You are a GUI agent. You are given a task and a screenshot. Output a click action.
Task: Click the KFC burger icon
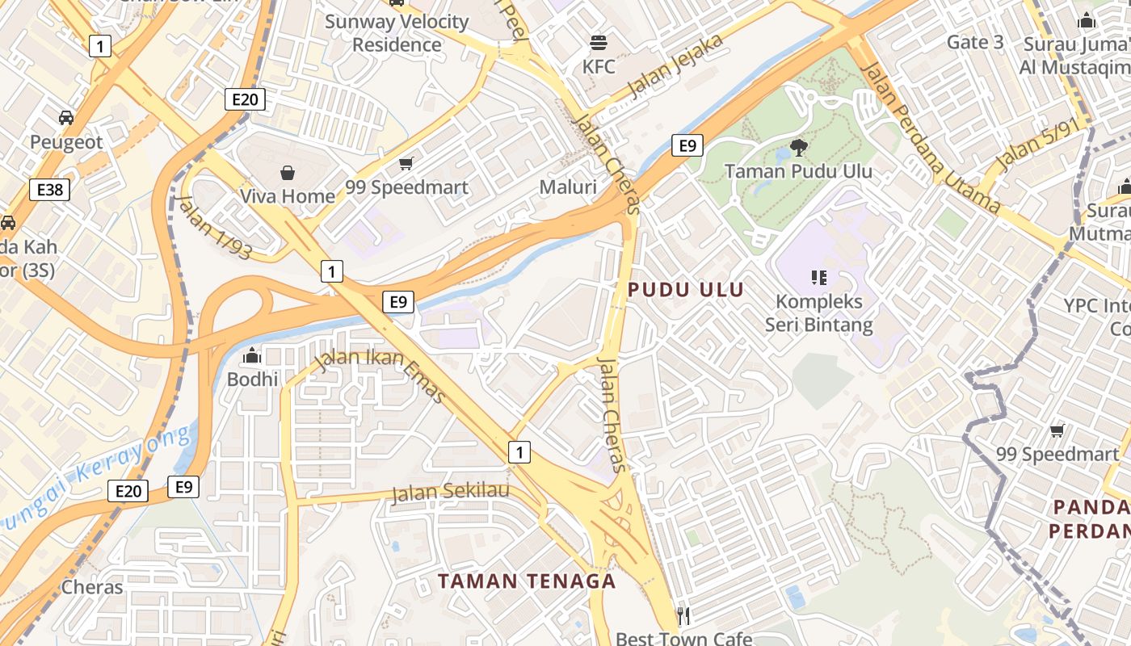(599, 41)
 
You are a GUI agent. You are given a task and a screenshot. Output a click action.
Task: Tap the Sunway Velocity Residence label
(397, 33)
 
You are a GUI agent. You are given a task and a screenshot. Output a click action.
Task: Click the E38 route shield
(49, 190)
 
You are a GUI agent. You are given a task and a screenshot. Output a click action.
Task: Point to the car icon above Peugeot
(66, 118)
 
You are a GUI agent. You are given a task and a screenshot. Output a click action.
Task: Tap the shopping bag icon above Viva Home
(288, 172)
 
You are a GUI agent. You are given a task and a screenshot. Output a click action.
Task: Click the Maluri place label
(568, 187)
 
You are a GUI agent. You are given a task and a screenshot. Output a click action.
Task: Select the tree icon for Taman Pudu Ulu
(798, 147)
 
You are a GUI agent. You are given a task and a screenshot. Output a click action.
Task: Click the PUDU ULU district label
(686, 290)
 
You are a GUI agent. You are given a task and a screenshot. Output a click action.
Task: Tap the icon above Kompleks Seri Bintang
(819, 278)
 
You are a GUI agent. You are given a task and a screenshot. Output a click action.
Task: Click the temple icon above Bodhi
(253, 355)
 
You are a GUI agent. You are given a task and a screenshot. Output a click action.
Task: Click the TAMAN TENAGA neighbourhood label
(527, 581)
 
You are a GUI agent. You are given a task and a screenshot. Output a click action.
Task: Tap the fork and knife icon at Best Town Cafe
(683, 616)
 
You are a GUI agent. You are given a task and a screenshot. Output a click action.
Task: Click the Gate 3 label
(975, 42)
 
